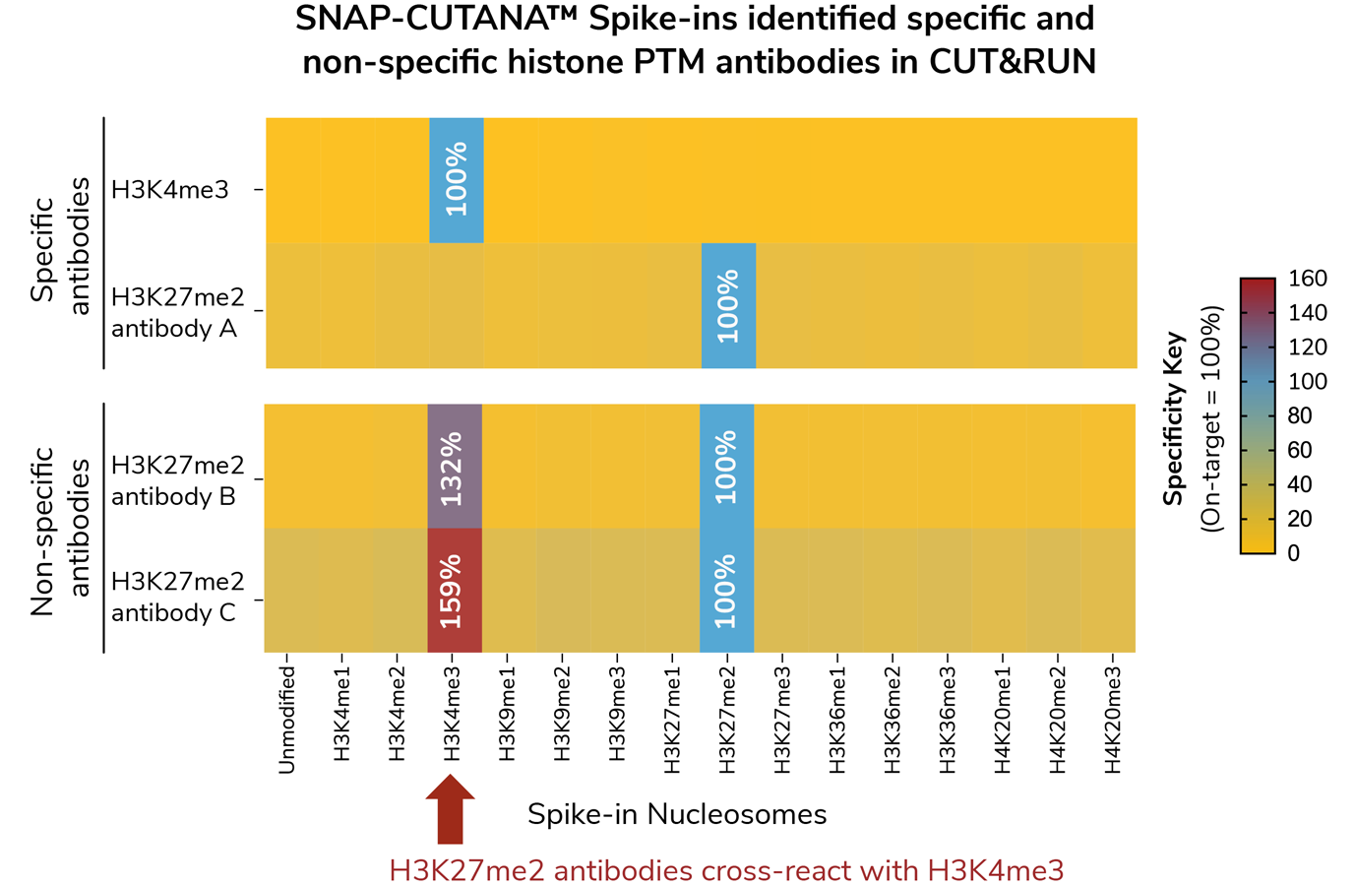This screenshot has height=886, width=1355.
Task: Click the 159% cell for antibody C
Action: click(x=455, y=591)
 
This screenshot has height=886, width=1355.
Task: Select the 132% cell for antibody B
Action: click(x=455, y=467)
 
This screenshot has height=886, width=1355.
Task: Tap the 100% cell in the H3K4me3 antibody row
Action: click(x=456, y=180)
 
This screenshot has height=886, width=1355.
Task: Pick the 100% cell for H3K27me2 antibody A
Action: click(x=728, y=306)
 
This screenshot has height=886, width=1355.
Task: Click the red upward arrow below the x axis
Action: click(x=450, y=808)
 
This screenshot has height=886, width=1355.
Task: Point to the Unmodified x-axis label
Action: click(x=287, y=719)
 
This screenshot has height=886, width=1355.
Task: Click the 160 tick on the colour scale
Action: click(x=1308, y=279)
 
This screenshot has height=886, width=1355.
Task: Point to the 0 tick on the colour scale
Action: click(x=1293, y=553)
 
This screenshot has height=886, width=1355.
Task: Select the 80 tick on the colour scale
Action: click(x=1300, y=415)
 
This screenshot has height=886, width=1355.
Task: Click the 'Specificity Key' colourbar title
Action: click(x=1173, y=419)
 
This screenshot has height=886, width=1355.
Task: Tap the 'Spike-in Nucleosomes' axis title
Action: click(x=677, y=815)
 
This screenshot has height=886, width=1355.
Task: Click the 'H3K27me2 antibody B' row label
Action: click(x=177, y=480)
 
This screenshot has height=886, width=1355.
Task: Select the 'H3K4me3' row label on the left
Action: click(x=169, y=189)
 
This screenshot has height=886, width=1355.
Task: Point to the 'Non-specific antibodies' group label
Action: click(x=60, y=530)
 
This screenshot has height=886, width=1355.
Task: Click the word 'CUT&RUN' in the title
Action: click(x=1012, y=62)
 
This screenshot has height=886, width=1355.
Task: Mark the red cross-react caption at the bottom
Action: click(x=726, y=870)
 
